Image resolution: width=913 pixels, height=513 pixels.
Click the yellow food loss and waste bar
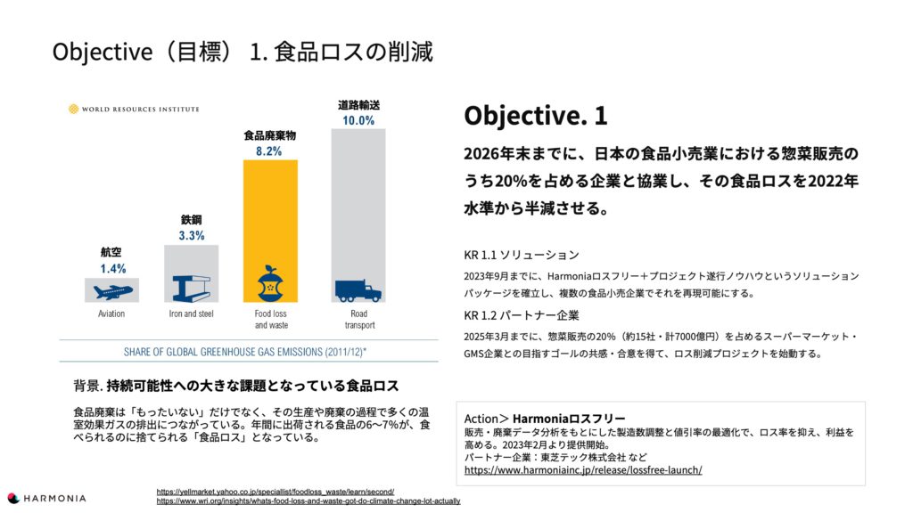tap(270, 231)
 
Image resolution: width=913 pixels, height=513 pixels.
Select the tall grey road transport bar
tap(358, 216)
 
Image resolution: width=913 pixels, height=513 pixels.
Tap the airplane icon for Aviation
tap(112, 290)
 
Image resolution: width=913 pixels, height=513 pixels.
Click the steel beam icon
tap(192, 288)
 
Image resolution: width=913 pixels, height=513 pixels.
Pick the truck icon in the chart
tap(358, 291)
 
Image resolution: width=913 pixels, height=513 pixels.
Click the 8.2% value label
tap(269, 151)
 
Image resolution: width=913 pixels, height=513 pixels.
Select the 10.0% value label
tap(358, 120)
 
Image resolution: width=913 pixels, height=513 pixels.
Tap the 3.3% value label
tap(192, 235)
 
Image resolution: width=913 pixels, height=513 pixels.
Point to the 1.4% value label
tap(112, 269)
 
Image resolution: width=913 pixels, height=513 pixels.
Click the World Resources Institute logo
tap(134, 109)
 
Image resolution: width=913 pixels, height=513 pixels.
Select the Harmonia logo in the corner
tap(46, 499)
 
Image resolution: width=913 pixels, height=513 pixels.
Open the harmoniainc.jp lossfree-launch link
tap(583, 470)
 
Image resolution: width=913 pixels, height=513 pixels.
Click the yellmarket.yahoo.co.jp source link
tap(276, 492)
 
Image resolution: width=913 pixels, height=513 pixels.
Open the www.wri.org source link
tap(308, 501)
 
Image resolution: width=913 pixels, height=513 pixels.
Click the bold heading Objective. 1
tap(536, 115)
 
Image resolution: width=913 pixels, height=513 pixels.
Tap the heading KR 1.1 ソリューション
tap(522, 255)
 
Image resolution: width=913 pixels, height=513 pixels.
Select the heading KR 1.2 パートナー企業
tap(522, 315)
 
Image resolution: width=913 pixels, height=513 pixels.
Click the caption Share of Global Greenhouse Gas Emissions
tap(245, 352)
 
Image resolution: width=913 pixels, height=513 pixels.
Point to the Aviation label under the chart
tap(111, 313)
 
